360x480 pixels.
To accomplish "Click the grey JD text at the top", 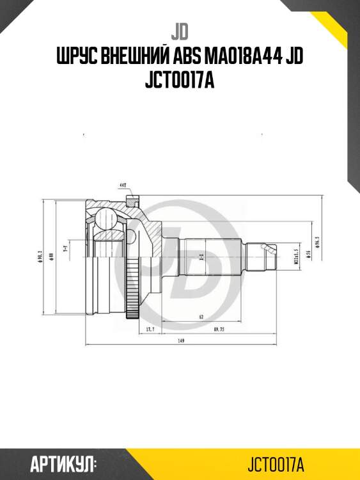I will click(179, 31).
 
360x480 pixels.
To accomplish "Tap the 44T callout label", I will click(122, 186).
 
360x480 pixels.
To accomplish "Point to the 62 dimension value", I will click(200, 316).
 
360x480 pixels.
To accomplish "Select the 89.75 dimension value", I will click(218, 329).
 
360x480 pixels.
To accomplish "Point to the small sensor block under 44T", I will click(131, 202).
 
